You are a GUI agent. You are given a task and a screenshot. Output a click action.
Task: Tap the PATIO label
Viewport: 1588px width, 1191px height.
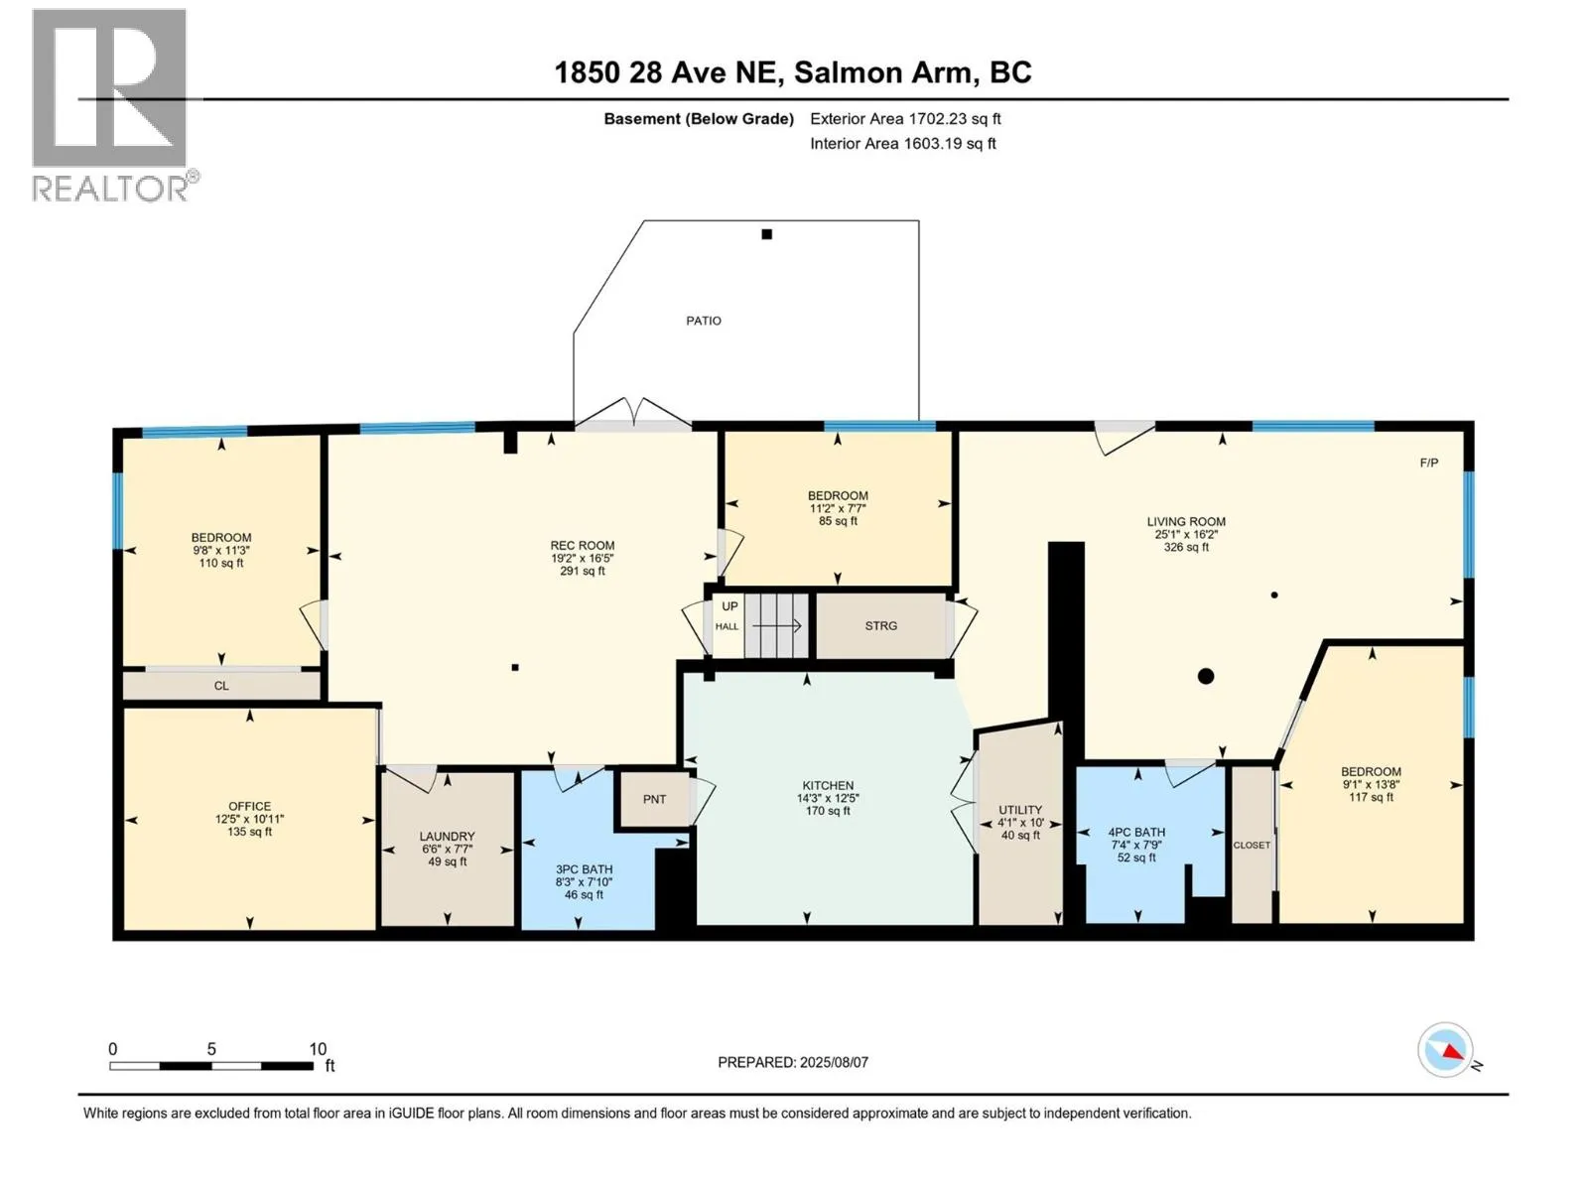(x=704, y=321)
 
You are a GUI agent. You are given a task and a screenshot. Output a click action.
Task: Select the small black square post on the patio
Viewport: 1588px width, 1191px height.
(x=767, y=234)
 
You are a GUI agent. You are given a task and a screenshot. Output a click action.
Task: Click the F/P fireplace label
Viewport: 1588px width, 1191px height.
(x=1429, y=463)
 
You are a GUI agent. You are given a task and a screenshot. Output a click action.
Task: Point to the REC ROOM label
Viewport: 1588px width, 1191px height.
(x=583, y=545)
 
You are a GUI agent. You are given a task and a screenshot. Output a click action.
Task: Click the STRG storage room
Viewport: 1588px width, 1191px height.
(x=880, y=626)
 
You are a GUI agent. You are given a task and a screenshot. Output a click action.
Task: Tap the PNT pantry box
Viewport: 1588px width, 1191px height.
(x=654, y=799)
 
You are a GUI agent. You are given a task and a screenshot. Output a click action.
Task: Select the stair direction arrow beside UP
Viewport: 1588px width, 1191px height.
(x=777, y=625)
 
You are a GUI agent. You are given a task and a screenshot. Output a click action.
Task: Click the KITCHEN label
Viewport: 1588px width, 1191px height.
(x=828, y=785)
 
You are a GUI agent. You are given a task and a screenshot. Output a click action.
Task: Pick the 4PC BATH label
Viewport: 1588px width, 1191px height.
(x=1136, y=833)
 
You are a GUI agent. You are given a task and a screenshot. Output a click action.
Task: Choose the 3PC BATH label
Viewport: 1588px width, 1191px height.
(x=584, y=869)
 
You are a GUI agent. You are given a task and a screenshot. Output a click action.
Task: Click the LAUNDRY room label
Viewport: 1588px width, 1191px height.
(x=447, y=836)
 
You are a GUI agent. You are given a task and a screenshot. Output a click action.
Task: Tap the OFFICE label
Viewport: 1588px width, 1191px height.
(x=249, y=806)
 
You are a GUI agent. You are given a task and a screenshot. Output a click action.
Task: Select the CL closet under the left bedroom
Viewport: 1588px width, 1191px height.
(x=221, y=685)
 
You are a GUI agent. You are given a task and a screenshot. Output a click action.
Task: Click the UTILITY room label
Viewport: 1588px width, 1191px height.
(x=1020, y=810)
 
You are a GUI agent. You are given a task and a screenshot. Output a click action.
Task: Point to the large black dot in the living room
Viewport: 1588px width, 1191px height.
(x=1205, y=676)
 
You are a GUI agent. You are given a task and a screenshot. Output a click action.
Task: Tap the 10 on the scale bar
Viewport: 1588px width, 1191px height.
(x=318, y=1048)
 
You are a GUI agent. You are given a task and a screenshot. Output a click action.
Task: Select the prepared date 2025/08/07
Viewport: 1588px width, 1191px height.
(x=834, y=1062)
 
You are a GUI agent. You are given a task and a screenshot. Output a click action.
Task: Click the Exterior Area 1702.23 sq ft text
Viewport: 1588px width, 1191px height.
(x=905, y=118)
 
